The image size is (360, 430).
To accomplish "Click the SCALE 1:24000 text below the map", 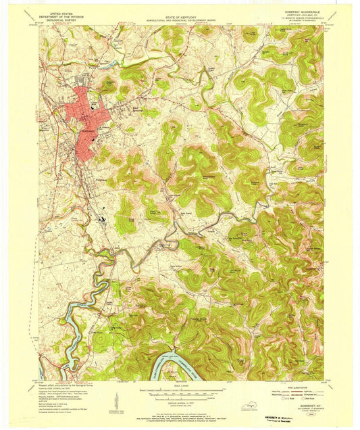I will (180, 387).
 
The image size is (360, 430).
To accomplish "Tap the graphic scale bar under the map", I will (180, 393).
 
